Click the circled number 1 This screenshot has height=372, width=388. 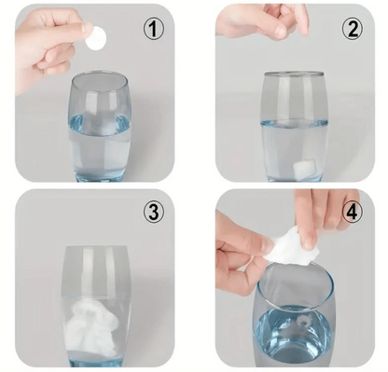(153, 30)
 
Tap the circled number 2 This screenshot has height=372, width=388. (353, 29)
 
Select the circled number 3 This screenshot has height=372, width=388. (153, 213)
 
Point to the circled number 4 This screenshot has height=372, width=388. (353, 213)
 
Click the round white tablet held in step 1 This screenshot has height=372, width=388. (96, 38)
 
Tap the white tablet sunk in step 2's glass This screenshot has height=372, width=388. (304, 168)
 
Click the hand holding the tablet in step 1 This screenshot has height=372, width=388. (48, 47)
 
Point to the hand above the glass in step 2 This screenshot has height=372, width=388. (264, 21)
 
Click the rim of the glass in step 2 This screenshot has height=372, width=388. (294, 74)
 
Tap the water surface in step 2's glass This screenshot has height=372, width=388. (294, 123)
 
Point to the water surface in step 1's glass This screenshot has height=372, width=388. (99, 125)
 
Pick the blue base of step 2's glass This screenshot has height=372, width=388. (294, 178)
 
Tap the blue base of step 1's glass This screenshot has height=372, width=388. (100, 176)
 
